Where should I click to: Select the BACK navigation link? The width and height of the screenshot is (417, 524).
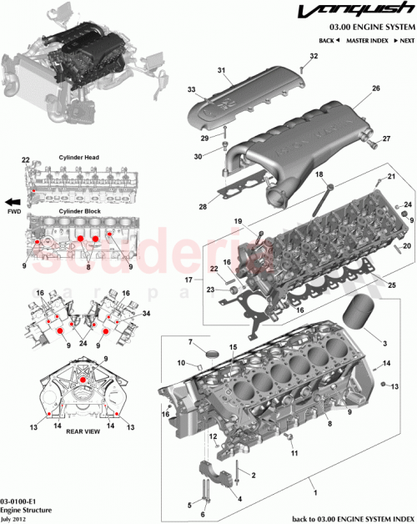point(329,40)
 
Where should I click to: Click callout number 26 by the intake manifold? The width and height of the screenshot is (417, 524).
point(376,88)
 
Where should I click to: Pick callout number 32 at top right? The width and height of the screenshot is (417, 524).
point(314,56)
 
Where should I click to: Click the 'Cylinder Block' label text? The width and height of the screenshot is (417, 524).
point(78,212)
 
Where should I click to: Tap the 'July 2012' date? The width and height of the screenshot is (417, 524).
point(17,516)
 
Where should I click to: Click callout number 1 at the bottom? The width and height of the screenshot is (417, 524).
point(314,481)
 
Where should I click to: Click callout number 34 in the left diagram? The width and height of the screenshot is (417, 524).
point(147,314)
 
